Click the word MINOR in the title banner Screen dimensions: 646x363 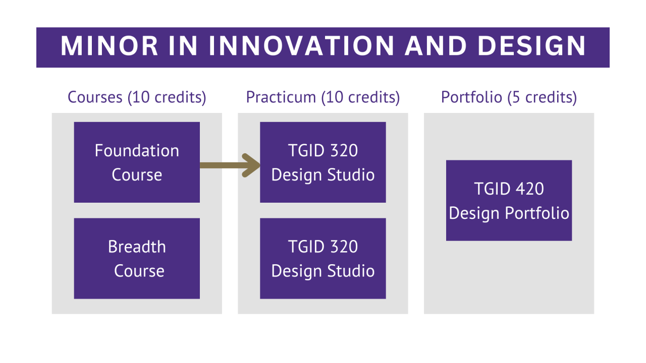pos(109,46)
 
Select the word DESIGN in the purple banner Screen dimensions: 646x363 pos(531,46)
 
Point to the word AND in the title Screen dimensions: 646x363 pos(436,46)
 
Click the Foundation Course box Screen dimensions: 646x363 pos(137,162)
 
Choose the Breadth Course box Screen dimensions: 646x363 pos(137,259)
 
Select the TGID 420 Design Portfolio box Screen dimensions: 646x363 pos(509,201)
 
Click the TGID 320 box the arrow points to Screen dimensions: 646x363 pos(322,162)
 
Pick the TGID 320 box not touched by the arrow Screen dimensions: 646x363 pos(322,259)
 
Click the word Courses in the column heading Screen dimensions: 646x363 pos(95,97)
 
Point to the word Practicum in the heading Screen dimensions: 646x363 pos(281,97)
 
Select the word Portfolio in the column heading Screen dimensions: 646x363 pos(471,97)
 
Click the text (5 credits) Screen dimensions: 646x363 pos(542,98)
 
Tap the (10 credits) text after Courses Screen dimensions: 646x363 pos(167,98)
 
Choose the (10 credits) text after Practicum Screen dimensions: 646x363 pos(360,98)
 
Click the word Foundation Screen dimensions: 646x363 pos(137,150)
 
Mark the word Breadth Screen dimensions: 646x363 pos(137,247)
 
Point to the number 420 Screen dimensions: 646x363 pos(529,189)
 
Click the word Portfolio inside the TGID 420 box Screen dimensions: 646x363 pos(537,213)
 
